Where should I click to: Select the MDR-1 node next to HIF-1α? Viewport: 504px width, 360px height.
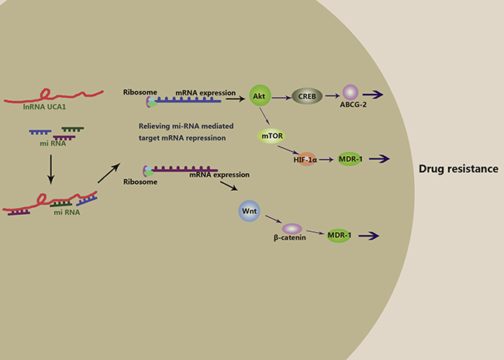(351, 159)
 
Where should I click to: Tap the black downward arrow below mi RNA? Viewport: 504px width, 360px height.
(50, 169)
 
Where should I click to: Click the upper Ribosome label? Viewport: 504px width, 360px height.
(139, 92)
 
